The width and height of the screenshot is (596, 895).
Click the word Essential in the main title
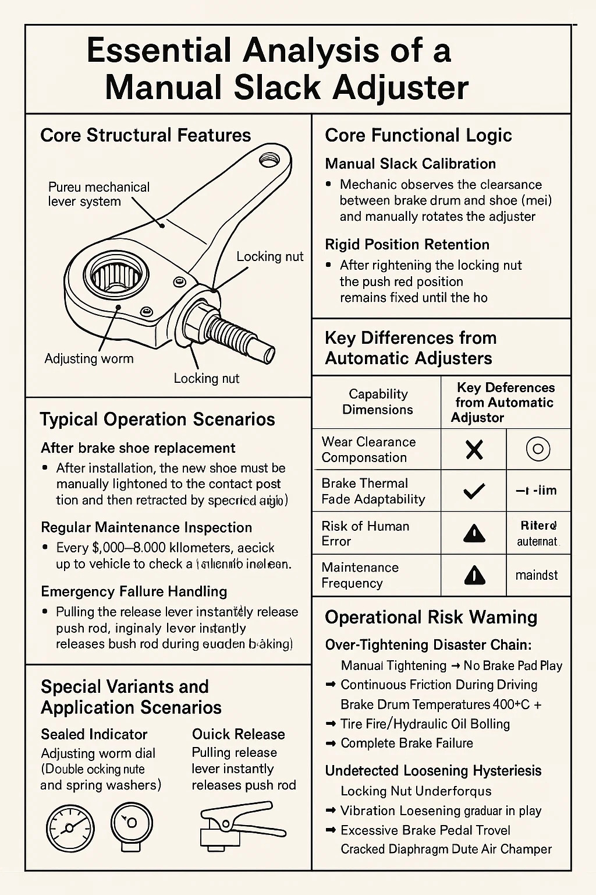[x=159, y=51]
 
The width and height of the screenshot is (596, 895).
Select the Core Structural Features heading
[x=146, y=135]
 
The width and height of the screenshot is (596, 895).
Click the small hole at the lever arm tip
[x=269, y=157]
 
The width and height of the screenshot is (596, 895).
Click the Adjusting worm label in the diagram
[x=89, y=358]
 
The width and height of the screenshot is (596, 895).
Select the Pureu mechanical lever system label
[x=98, y=194]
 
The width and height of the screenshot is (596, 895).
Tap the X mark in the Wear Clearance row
[x=474, y=449]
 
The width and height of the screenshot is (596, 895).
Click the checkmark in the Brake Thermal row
[x=474, y=491]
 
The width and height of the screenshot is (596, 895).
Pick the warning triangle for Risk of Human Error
[x=474, y=533]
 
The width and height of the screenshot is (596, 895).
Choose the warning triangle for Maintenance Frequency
[x=474, y=575]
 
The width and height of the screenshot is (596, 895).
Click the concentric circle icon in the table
[x=538, y=449]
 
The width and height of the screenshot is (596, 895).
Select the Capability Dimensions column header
[x=377, y=401]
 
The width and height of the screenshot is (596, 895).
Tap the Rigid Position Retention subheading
[x=407, y=244]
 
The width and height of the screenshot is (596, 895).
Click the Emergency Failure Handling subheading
[x=134, y=591]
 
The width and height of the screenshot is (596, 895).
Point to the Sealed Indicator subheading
[x=94, y=734]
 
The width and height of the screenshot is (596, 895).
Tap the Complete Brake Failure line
[x=406, y=743]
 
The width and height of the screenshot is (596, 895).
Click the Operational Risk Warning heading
[x=431, y=617]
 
